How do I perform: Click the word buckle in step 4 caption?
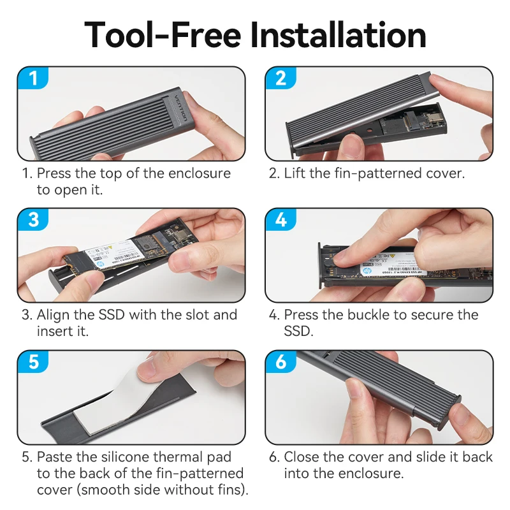click(399, 315)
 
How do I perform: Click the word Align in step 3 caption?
click(53, 315)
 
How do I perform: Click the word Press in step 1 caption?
click(54, 173)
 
